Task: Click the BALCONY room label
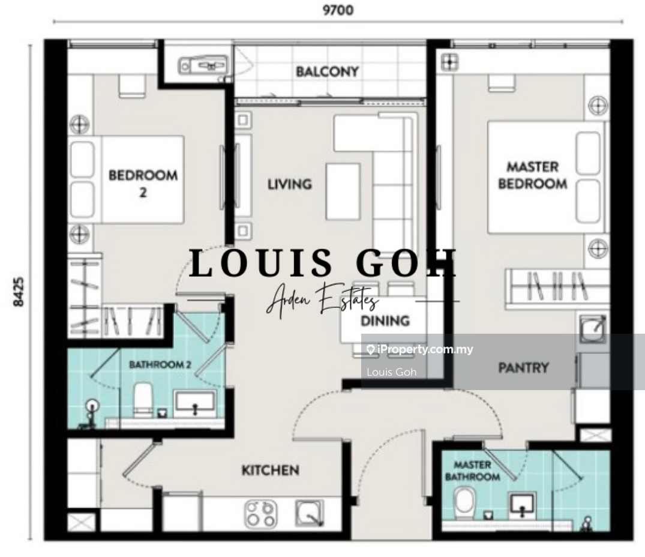click(x=327, y=71)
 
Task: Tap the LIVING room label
click(x=290, y=184)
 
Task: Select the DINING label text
click(x=385, y=321)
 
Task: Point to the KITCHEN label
click(x=270, y=470)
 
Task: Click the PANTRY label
click(x=524, y=367)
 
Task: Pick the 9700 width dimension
click(x=338, y=10)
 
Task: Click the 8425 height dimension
click(x=19, y=292)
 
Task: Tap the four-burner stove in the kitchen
click(x=261, y=513)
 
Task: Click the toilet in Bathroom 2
click(x=143, y=400)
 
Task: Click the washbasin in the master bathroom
click(x=522, y=504)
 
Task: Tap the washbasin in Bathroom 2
click(x=195, y=404)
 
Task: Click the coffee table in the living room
click(x=343, y=191)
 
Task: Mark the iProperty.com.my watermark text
click(x=420, y=350)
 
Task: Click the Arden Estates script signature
click(x=322, y=300)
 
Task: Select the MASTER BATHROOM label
click(x=472, y=471)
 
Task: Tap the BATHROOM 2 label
click(x=160, y=364)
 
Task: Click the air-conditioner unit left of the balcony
click(x=203, y=65)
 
